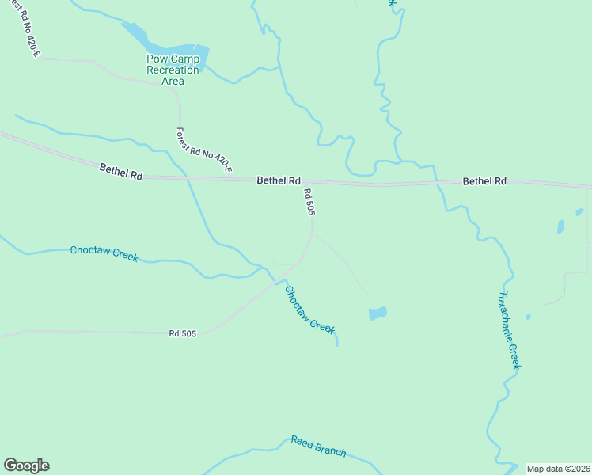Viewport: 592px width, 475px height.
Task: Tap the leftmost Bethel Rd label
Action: coord(121,171)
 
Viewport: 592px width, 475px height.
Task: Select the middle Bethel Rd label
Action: coord(279,180)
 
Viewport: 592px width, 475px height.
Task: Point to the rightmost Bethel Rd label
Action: coord(484,181)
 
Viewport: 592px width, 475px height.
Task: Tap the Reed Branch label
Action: coord(318,446)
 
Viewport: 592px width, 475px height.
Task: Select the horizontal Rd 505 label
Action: coord(182,333)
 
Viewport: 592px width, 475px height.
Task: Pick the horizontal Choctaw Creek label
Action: coord(104,253)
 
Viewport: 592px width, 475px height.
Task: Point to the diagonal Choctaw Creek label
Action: coord(309,309)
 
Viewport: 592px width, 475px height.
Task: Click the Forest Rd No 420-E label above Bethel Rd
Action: coord(204,150)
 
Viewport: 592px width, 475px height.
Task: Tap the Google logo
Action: coord(26,465)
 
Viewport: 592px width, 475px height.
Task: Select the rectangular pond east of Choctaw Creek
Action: coord(378,313)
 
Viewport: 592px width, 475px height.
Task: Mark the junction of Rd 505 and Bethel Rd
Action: coord(321,182)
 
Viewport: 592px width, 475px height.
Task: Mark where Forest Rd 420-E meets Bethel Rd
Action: coord(183,178)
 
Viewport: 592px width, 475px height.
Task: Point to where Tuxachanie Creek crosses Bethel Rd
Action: coord(435,184)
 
